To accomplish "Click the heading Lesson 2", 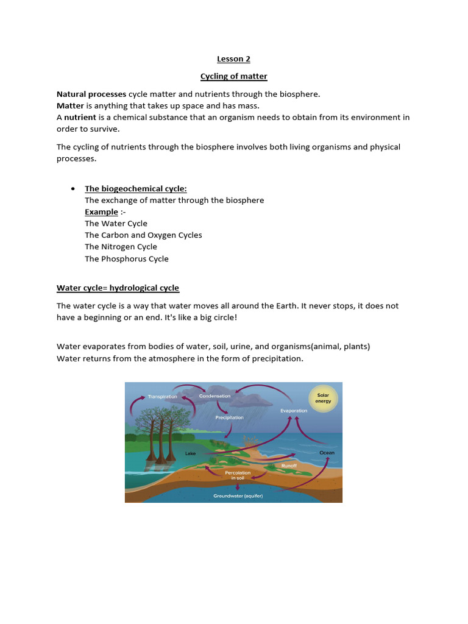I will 234,59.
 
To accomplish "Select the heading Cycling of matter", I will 234,76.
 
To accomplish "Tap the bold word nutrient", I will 80,118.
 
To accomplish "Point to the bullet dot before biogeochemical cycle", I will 73,189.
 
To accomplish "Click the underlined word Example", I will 101,212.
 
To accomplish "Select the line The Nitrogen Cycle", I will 121,247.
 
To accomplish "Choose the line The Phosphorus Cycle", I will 127,258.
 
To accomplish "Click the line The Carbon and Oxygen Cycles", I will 143,235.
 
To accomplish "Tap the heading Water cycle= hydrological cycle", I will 118,288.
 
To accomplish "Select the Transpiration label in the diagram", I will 162,397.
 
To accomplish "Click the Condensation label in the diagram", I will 215,396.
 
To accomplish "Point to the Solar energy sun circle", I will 323,399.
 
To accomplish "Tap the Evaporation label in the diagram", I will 294,411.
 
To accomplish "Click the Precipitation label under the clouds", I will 229,417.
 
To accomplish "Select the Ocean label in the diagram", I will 327,453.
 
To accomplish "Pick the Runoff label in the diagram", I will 289,466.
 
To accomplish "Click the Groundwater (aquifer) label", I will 233,496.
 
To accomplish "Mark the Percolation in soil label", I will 238,475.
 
